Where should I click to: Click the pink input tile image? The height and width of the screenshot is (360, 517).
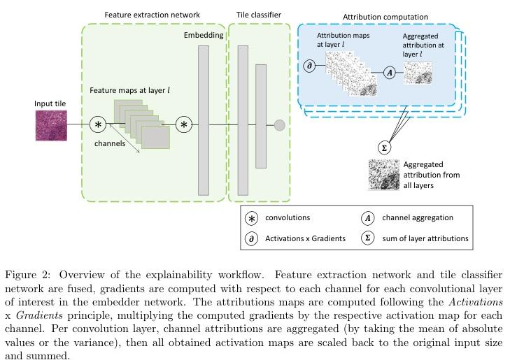[51, 126]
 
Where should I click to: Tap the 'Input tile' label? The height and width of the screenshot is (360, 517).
[50, 103]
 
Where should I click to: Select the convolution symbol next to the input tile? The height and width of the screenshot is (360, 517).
[98, 125]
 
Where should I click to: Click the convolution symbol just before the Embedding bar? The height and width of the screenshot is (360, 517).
[184, 125]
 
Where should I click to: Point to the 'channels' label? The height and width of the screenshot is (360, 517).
[110, 143]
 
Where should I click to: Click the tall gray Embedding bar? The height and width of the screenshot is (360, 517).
[204, 120]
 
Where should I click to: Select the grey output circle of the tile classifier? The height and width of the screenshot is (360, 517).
[280, 125]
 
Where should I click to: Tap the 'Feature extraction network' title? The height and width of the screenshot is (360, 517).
[152, 15]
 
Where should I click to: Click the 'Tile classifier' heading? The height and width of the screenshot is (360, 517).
[259, 15]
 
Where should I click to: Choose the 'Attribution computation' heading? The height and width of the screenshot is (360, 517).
[385, 17]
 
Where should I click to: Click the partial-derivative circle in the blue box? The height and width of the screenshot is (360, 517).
[309, 66]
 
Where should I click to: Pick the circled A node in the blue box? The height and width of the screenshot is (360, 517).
[390, 73]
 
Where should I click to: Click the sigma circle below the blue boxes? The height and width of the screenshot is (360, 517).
[384, 147]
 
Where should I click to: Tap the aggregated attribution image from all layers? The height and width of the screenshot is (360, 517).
[384, 175]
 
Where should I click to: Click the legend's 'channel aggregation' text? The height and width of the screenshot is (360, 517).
[418, 217]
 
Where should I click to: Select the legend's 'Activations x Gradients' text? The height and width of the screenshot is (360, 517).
[305, 238]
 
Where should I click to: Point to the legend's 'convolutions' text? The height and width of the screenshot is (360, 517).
[288, 217]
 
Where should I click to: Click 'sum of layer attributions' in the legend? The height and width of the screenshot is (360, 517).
[425, 238]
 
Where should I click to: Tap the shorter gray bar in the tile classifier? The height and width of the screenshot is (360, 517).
[261, 116]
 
